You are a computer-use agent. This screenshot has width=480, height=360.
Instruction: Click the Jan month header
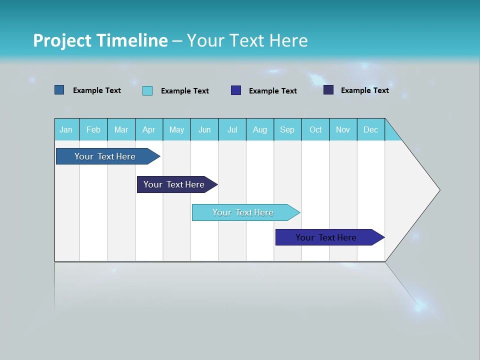point(66,129)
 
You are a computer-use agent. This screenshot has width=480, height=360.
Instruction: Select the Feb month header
point(93,129)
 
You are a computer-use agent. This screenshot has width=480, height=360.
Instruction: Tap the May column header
point(176,129)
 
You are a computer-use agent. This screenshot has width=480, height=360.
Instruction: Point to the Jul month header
point(232,129)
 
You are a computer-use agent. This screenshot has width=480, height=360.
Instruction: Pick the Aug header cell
point(260,129)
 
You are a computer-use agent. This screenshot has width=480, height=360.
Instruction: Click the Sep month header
point(287,129)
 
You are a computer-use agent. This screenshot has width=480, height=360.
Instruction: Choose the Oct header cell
point(315,129)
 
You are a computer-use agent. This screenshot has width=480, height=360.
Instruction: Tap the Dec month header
point(370,129)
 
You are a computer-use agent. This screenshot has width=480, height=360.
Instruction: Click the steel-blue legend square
point(59,90)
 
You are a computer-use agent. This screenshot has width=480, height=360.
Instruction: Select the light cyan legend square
point(147,90)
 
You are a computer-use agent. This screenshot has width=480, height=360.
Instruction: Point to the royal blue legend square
point(236,90)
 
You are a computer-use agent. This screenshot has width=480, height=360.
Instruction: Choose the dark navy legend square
point(328,90)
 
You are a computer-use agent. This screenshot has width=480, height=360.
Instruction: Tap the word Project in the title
point(62,40)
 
